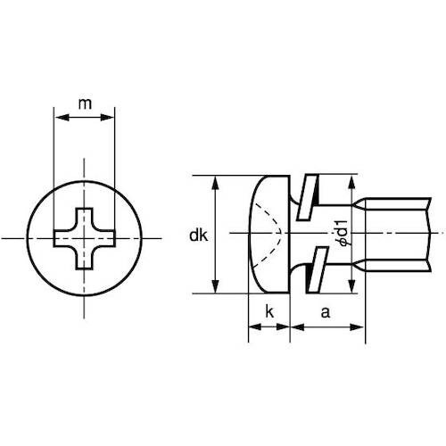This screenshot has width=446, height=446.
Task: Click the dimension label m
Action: [x=84, y=104]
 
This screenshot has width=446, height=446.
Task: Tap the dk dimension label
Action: [x=198, y=235]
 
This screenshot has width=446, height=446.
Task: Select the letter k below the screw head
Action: [x=268, y=312]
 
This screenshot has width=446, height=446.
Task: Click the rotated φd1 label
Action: [x=340, y=235]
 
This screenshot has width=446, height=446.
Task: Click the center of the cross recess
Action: [x=84, y=238]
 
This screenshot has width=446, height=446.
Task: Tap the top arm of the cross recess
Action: [x=84, y=218]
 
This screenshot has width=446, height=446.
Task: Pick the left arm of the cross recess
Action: [x=63, y=238]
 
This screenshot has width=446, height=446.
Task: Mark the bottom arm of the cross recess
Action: [x=84, y=259]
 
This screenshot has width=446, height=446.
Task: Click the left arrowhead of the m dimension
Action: [x=60, y=116]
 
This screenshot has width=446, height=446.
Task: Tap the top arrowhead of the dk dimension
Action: [x=215, y=181]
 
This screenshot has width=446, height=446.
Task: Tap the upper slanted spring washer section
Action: [x=307, y=195]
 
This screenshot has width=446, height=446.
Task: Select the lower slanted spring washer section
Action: [x=307, y=271]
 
